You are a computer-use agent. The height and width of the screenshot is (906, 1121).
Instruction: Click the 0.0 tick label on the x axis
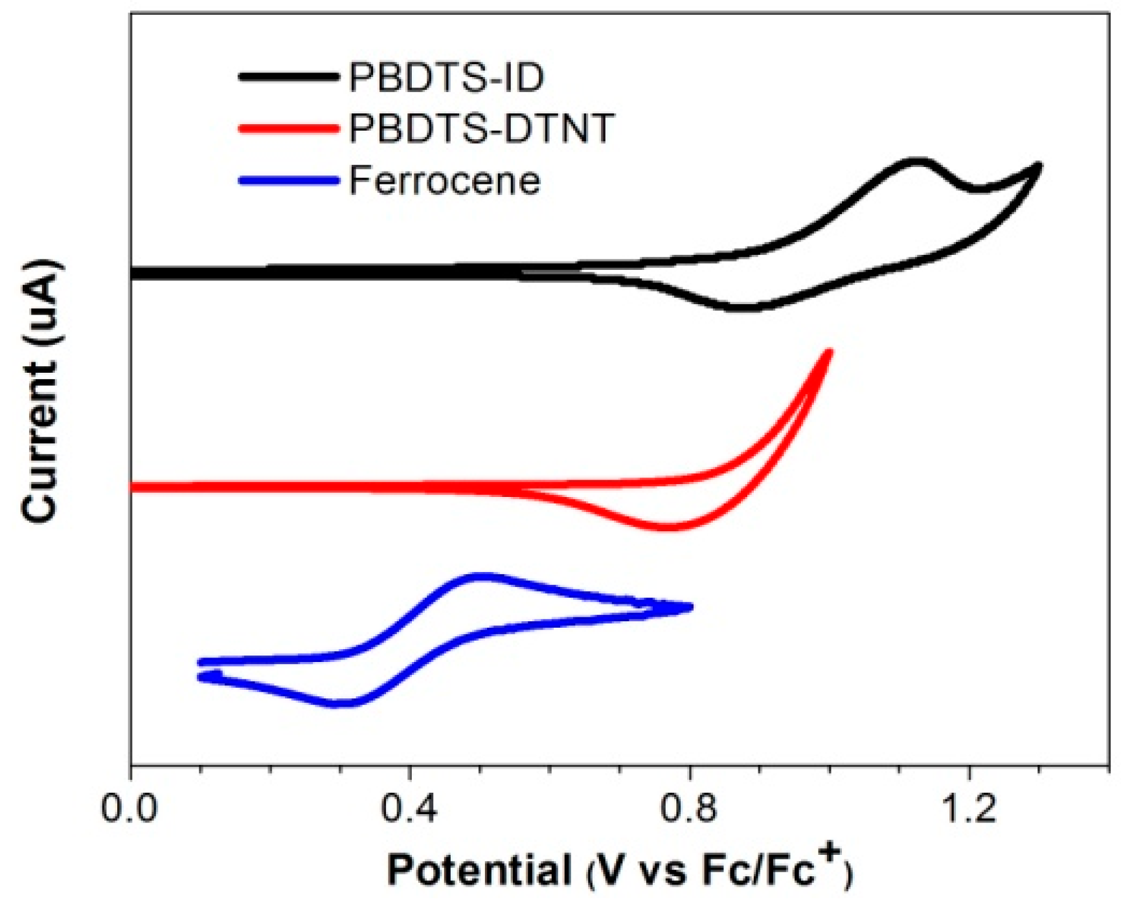(x=130, y=810)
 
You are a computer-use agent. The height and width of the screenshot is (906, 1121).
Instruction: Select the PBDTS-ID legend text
(x=446, y=77)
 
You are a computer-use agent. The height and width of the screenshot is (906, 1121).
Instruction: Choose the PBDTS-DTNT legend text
(x=481, y=128)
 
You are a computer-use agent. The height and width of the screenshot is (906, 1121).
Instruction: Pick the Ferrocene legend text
(x=444, y=180)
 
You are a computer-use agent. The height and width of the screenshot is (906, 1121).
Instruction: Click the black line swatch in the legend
(x=289, y=76)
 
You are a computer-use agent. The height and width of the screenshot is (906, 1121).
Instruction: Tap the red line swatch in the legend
(x=289, y=128)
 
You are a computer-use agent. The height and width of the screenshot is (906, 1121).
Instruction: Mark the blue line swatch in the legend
(x=289, y=180)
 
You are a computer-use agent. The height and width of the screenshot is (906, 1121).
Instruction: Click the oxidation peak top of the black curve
(x=914, y=161)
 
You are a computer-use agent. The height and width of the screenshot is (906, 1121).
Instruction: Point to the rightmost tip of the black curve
(x=1038, y=166)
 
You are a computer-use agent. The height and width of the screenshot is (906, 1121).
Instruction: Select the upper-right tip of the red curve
(x=829, y=352)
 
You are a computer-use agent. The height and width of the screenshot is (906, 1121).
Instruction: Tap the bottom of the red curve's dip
(x=669, y=527)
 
